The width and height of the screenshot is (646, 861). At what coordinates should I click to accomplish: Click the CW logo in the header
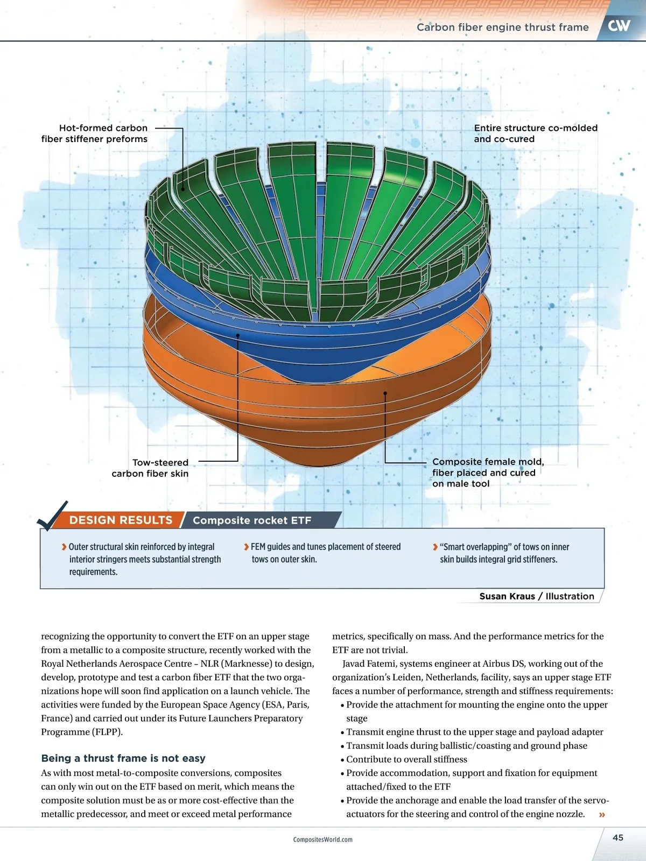click(x=619, y=25)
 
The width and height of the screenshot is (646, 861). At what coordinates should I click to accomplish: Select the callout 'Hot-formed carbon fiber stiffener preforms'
click(x=95, y=133)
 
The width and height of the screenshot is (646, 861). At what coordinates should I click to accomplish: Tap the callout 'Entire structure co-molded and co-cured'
click(x=535, y=133)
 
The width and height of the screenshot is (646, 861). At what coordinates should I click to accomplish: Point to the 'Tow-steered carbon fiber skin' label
click(x=150, y=468)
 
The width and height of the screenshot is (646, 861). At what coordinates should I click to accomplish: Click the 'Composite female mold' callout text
click(x=488, y=472)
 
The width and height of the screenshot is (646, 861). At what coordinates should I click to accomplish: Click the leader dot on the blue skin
click(x=238, y=335)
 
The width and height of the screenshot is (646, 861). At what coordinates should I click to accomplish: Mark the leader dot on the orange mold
click(x=385, y=393)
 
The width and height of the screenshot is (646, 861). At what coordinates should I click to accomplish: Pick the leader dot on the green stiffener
click(x=183, y=189)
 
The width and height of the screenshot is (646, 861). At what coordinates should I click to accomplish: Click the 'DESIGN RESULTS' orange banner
click(x=121, y=520)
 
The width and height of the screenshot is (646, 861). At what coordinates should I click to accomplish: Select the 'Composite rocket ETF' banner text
click(x=252, y=520)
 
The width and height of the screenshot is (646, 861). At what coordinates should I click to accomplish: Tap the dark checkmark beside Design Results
click(x=52, y=517)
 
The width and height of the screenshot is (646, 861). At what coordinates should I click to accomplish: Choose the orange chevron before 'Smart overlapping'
click(x=435, y=547)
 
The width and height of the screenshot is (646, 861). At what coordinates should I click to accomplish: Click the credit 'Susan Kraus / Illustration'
click(x=537, y=596)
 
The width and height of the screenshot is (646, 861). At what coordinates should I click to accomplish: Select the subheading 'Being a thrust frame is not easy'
click(x=123, y=758)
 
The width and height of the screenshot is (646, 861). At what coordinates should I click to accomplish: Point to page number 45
click(x=618, y=837)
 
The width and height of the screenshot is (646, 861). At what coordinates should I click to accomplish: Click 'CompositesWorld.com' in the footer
click(x=323, y=839)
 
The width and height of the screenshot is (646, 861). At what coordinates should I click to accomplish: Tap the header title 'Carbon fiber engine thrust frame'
click(x=502, y=27)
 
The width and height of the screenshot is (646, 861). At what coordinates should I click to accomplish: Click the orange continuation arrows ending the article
click(x=602, y=815)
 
